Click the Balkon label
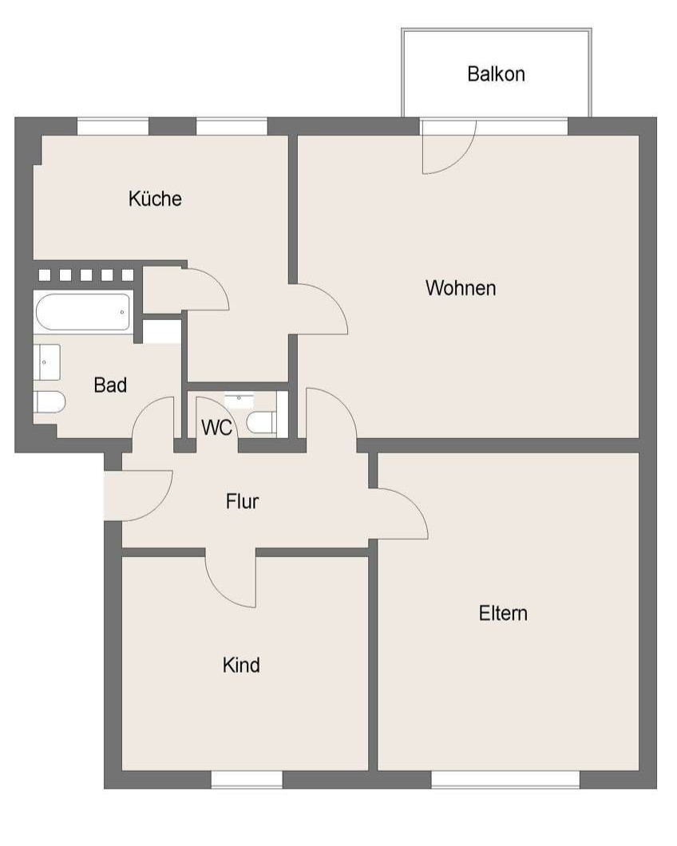[x=496, y=74]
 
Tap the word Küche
[x=155, y=199]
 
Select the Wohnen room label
[x=461, y=288]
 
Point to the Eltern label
[x=503, y=614]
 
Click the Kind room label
[x=241, y=666]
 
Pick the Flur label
[x=243, y=502]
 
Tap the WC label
[x=216, y=428]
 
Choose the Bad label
[x=110, y=385]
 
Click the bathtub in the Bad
[x=83, y=312]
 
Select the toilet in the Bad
[x=49, y=402]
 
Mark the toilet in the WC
[x=262, y=422]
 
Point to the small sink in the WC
[x=239, y=401]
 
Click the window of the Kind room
[x=247, y=780]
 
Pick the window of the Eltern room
[x=505, y=780]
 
